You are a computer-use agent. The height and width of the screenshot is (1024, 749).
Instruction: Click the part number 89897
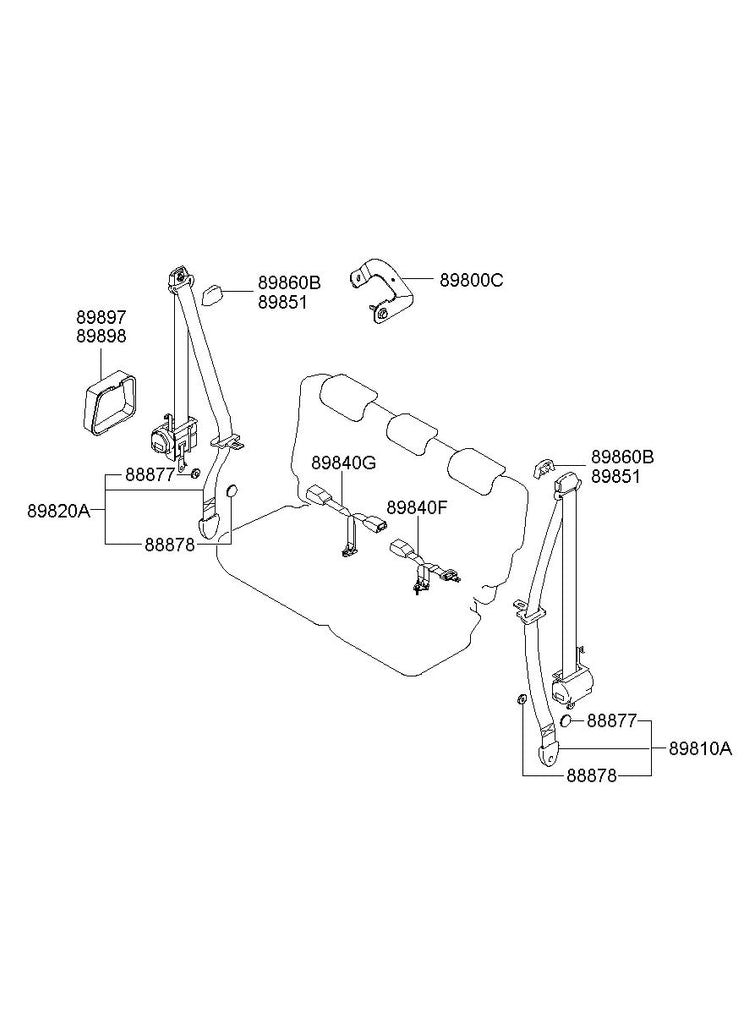point(102,318)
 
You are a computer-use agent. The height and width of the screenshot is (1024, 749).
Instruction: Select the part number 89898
point(102,337)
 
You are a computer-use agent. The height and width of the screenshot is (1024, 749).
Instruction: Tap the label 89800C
point(471,281)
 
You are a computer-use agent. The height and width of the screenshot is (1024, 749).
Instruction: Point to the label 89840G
point(343,463)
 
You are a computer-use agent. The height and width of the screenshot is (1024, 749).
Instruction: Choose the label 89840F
point(417,507)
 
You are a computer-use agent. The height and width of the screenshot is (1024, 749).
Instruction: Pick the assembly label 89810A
point(700,748)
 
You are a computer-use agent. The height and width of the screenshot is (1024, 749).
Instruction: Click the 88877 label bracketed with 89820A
point(151,474)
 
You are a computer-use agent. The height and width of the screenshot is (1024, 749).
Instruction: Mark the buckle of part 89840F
point(404,549)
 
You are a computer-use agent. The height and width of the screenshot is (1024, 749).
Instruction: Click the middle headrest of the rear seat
point(410,432)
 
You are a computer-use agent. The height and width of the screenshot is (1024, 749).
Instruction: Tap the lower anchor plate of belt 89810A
point(548,750)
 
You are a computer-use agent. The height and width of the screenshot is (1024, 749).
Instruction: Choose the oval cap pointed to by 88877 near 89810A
point(566,721)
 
